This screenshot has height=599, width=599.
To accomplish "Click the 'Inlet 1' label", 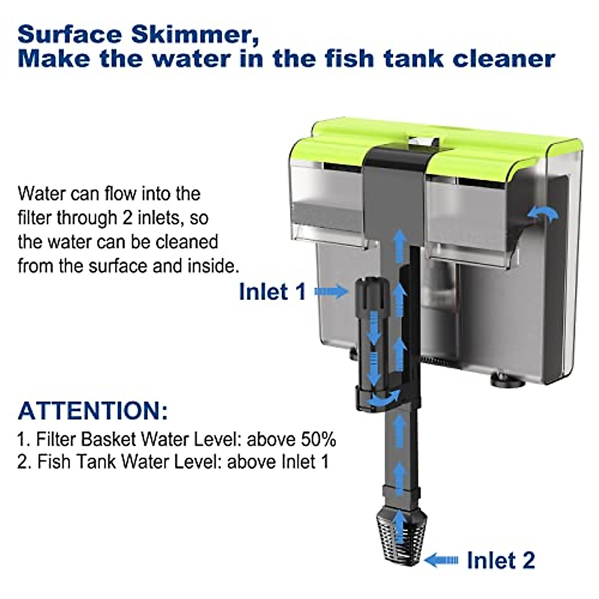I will [272, 292].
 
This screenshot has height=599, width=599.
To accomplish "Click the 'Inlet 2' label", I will [501, 560].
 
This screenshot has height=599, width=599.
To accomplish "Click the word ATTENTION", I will [93, 411].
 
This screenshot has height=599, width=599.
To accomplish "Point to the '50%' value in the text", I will [318, 439].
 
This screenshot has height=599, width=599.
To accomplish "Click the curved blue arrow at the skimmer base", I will [384, 398].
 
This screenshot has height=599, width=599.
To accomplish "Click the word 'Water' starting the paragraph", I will [41, 194].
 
